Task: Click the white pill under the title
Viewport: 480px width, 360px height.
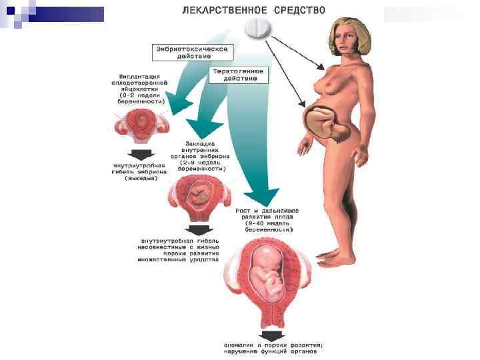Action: coord(260,28)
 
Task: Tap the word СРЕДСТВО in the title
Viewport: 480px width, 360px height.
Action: coord(299,9)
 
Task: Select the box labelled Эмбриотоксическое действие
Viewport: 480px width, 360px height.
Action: coord(193,53)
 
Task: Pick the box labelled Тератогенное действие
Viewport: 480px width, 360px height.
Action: coord(239,74)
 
